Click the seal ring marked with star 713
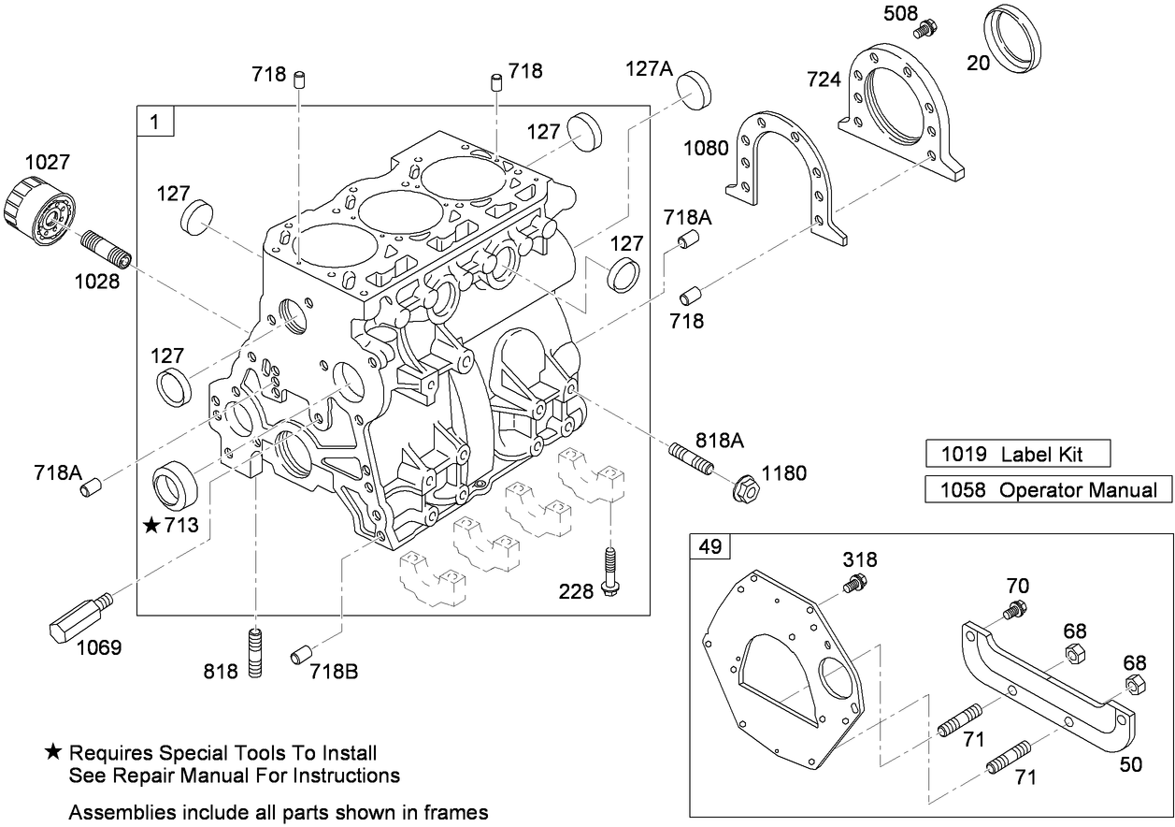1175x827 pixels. pos(176,483)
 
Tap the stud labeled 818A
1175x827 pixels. pos(692,459)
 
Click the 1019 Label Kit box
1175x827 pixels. pos(1017,455)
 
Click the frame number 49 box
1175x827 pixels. pos(709,546)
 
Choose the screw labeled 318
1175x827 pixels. pos(853,585)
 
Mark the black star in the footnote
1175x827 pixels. pos(54,752)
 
